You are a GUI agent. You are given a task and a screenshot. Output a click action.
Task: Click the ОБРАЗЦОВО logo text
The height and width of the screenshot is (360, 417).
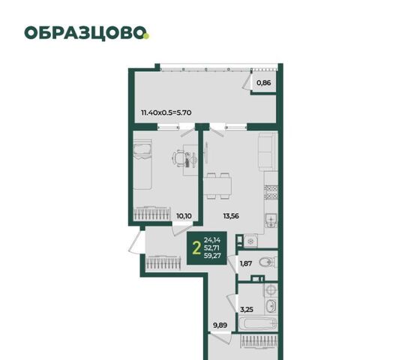pos(85,33)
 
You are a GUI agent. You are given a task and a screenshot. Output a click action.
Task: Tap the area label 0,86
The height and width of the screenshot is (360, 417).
pos(263,82)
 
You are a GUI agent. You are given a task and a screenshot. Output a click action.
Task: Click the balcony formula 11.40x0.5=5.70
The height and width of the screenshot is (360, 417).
pos(166,112)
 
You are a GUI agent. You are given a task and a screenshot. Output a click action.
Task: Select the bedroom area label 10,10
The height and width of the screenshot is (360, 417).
pos(184,216)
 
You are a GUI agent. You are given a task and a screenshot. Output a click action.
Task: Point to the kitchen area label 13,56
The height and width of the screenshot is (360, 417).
pos(231,216)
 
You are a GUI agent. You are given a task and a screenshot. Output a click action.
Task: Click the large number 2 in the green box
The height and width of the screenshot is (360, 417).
pos(196,248)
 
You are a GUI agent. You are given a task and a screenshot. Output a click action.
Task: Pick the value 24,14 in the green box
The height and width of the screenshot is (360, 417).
pos(212,240)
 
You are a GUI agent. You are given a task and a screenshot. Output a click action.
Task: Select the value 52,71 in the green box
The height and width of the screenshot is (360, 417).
pos(211,248)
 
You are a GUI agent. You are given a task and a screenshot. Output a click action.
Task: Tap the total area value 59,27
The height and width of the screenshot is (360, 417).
pos(212,256)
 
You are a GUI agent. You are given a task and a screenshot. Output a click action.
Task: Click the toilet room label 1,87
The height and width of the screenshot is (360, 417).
pos(246,263)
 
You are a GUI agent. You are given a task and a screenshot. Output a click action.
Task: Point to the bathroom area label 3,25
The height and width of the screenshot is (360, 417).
pos(247,310)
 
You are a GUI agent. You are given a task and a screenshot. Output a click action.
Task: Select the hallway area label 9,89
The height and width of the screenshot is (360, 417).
pos(220,325)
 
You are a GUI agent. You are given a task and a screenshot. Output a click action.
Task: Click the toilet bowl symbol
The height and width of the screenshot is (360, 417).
pos(268,262)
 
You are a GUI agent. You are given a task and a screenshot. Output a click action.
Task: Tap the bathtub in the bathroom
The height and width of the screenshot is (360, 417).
pos(257,324)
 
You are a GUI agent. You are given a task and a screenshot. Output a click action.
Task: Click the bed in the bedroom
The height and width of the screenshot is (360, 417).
pos(142,165)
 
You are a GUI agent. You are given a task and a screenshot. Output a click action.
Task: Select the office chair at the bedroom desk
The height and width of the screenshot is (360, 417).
pos(178,158)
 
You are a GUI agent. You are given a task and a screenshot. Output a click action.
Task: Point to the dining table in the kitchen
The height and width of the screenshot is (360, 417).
pos(217,186)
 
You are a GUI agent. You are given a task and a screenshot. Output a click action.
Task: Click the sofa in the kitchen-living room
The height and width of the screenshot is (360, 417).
pos(266,151)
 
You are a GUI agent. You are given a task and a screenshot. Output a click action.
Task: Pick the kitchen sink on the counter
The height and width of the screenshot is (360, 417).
pos(271,220)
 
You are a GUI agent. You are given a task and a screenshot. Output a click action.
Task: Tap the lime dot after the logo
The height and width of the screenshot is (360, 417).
pos(146,36)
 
